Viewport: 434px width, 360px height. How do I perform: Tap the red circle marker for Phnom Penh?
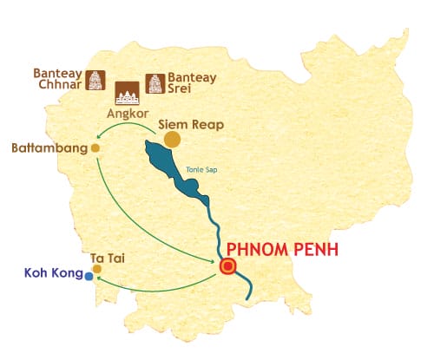(228, 267)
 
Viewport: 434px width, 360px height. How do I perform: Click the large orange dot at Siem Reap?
(172, 139)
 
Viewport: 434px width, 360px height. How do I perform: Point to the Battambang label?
(49, 148)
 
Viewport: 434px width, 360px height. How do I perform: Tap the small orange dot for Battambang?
(95, 148)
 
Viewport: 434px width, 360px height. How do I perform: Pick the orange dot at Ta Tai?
(96, 269)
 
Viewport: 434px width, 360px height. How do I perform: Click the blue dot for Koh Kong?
(89, 278)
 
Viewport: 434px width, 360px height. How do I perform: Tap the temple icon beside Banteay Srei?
(155, 82)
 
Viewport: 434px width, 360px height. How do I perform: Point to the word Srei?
(185, 88)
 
